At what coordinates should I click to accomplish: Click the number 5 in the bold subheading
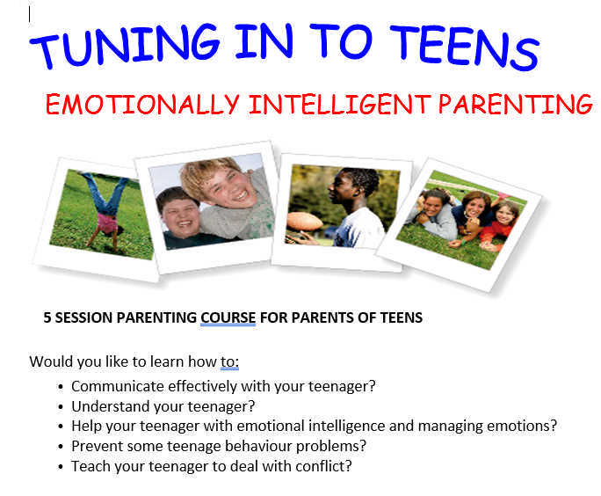(47, 317)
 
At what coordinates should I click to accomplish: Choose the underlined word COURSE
(228, 317)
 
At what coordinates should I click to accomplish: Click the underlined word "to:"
(229, 361)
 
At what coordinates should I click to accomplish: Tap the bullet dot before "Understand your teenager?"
(60, 406)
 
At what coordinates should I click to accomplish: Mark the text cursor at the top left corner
(30, 13)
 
